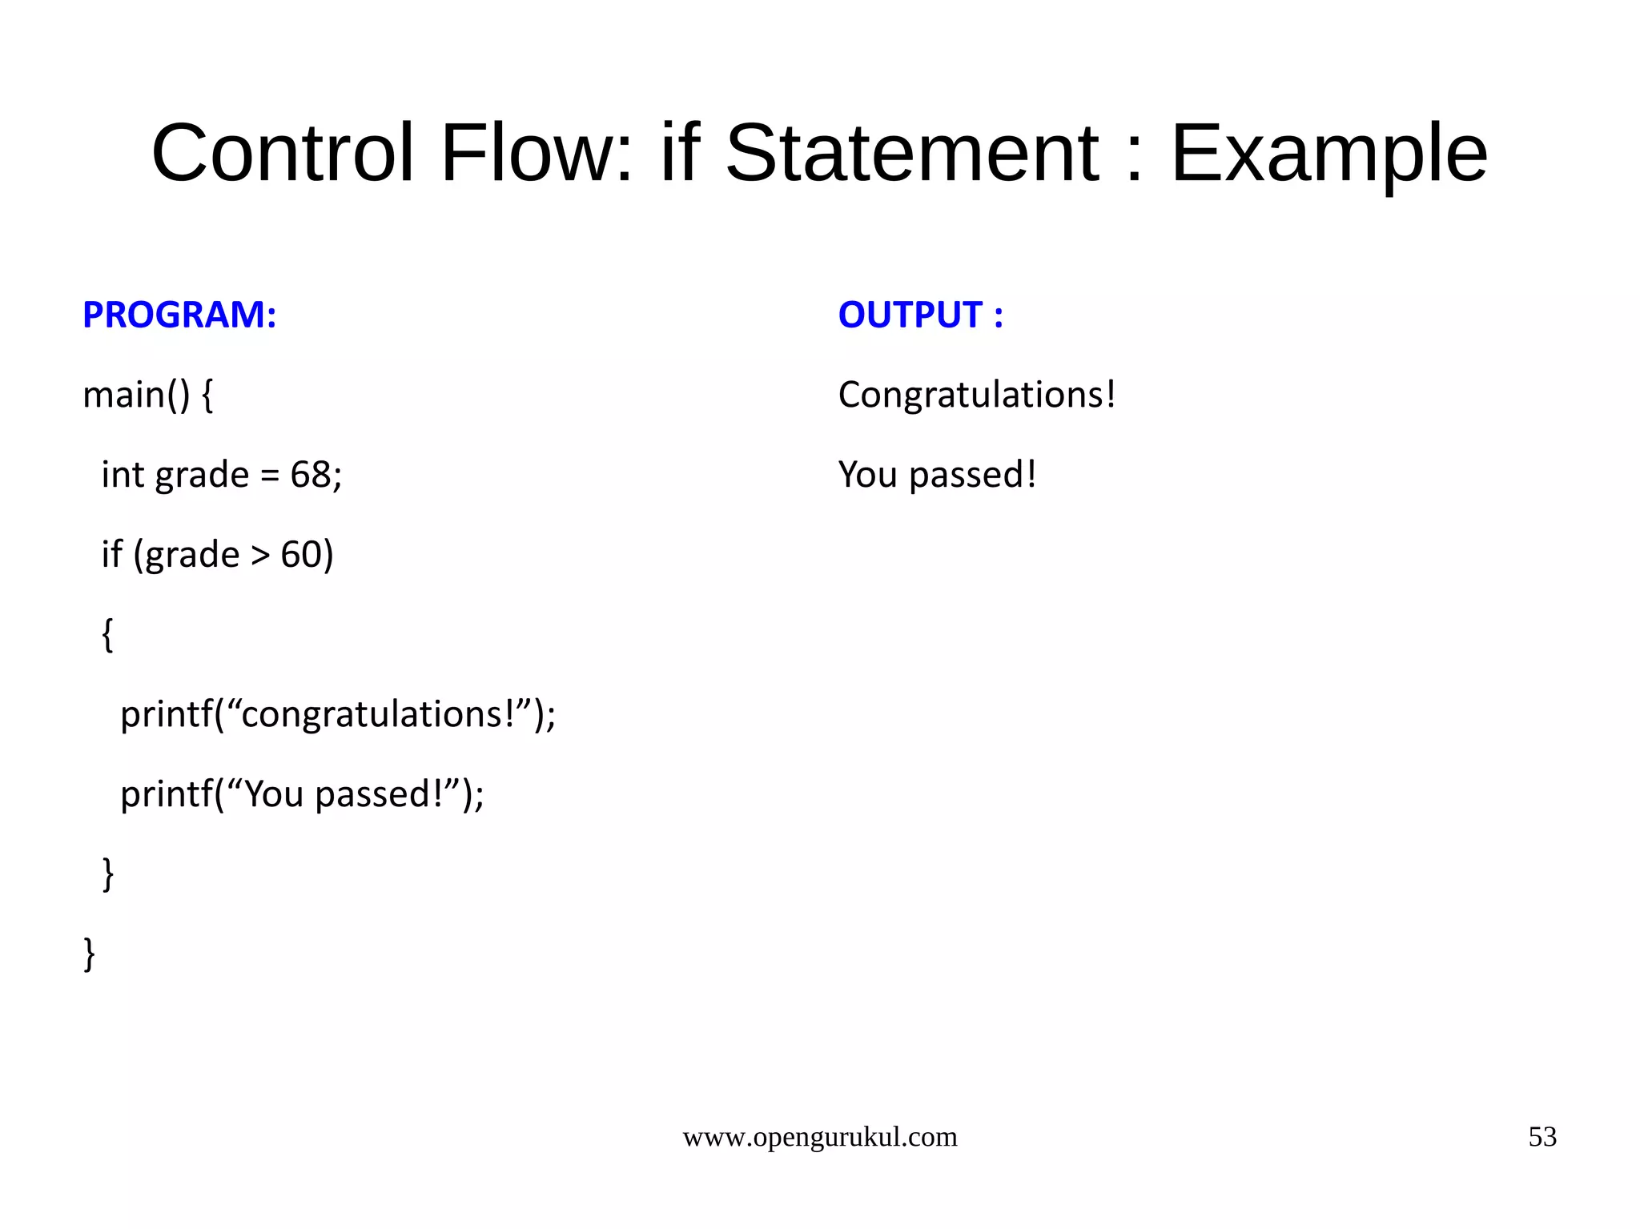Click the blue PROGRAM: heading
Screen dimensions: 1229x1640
[x=179, y=315]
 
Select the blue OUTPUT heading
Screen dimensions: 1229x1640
[x=920, y=315]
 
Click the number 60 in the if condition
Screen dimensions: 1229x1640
[x=301, y=555]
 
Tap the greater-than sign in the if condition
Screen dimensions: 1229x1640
[x=260, y=555]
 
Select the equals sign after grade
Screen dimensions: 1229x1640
[x=270, y=476]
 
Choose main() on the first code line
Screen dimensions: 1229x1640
[x=136, y=395]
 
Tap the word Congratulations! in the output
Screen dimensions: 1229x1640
[x=976, y=395]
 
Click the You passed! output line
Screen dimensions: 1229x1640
[x=937, y=475]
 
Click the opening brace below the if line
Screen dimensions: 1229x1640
[x=108, y=635]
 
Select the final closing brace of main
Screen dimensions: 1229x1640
[x=89, y=954]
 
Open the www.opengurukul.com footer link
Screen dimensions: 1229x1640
[x=819, y=1137]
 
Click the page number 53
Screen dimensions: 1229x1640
[x=1542, y=1137]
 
